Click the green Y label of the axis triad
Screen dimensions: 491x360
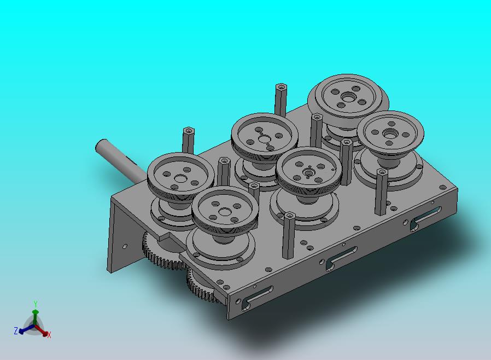[36, 304]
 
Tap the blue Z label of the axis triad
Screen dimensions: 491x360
[16, 330]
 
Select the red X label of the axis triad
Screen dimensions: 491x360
[49, 335]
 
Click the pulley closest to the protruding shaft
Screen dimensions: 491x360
[180, 176]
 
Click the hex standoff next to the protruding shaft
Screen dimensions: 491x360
[188, 140]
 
